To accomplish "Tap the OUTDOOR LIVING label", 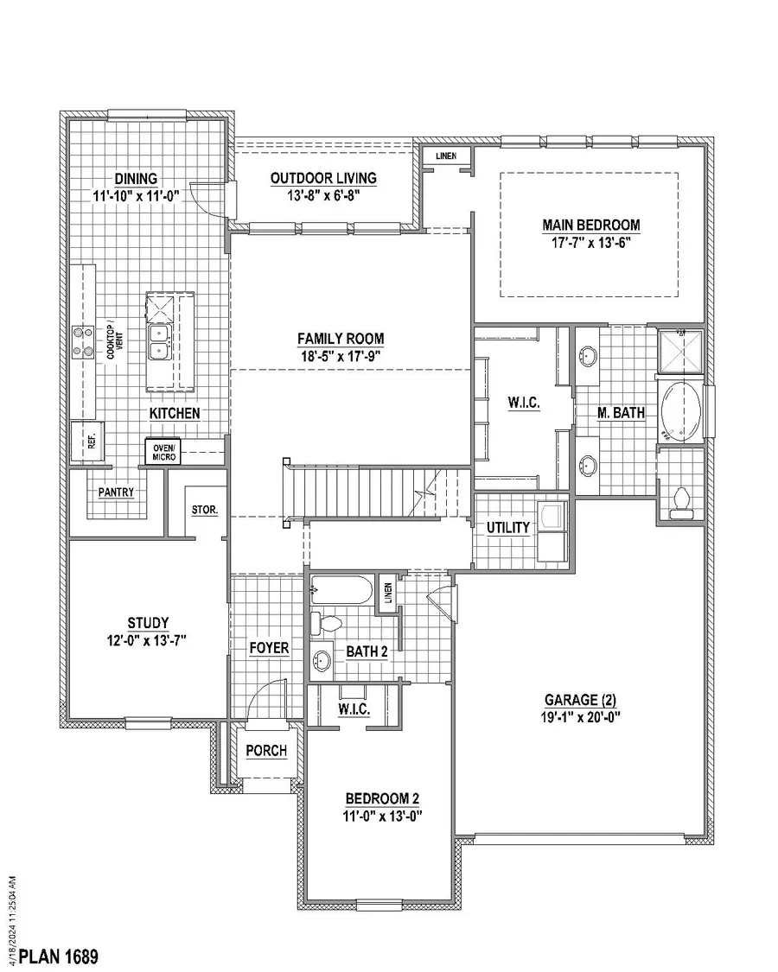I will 323,178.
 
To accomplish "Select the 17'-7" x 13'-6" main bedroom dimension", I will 591,243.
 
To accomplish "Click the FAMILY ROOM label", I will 341,339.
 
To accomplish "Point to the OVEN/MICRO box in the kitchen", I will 164,452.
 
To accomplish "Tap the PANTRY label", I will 116,492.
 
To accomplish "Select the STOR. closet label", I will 204,510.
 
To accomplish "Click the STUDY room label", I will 147,622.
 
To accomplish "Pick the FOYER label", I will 268,648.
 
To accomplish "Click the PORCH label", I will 266,751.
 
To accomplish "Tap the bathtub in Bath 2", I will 341,593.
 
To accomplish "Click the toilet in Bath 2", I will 329,623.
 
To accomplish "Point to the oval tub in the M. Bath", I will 682,412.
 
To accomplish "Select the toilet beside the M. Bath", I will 681,499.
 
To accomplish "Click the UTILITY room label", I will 507,528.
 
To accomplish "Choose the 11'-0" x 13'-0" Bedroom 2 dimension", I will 383,816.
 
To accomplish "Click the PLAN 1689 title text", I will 59,956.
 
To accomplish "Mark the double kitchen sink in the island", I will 159,342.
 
